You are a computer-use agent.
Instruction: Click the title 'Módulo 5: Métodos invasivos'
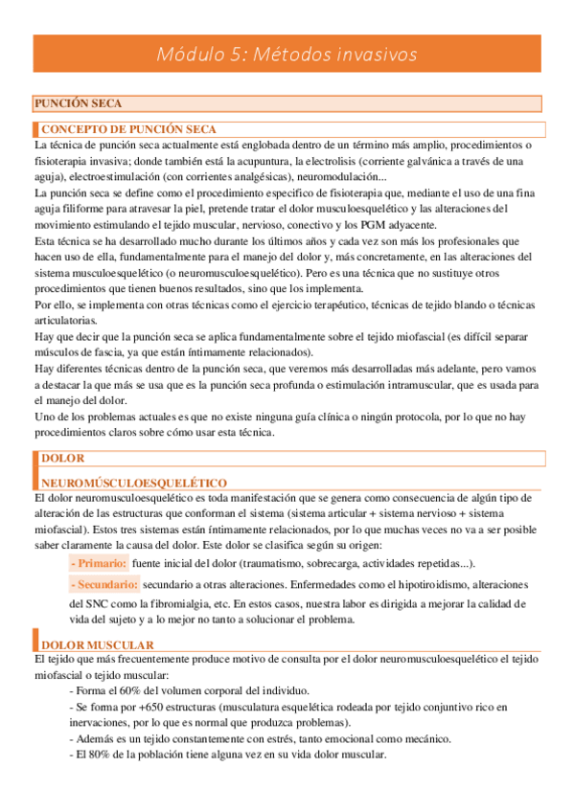287,55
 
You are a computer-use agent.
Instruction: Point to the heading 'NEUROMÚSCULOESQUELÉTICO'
133,484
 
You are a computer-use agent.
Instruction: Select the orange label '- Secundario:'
106,584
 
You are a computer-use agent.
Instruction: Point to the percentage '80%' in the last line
103,755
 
